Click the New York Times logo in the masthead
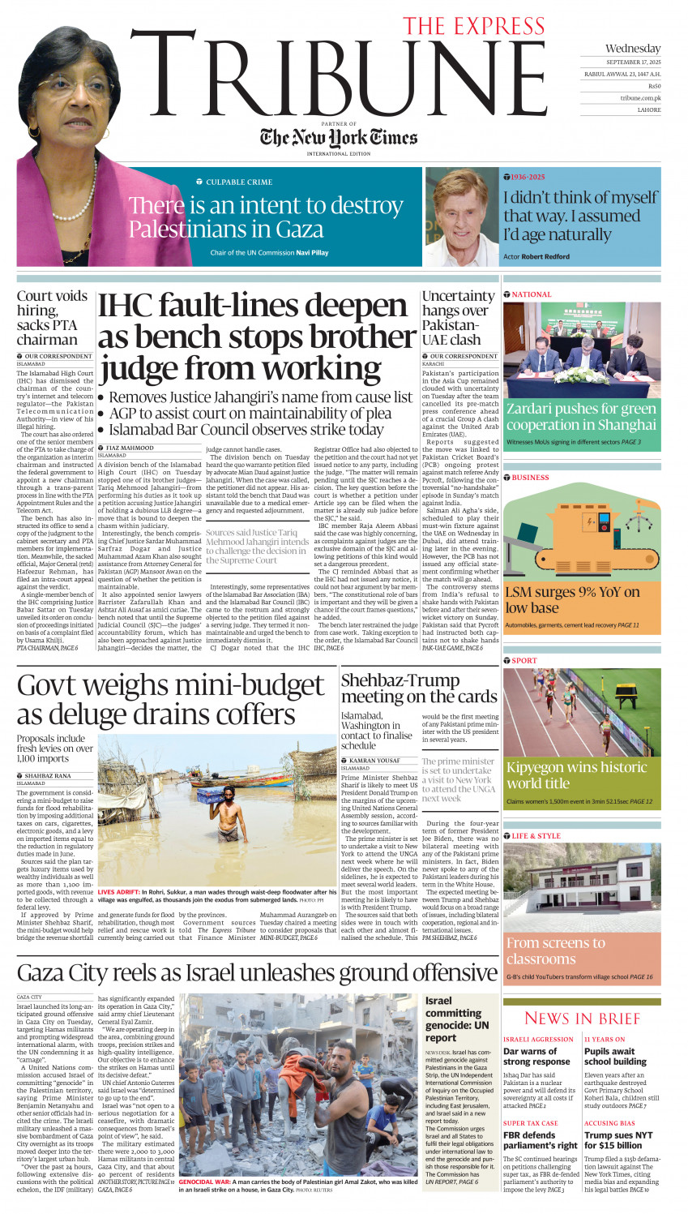(339, 137)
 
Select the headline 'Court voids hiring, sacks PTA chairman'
(52, 318)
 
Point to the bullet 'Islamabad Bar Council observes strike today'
(246, 430)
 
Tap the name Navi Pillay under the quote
(313, 253)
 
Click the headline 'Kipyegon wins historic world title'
(576, 775)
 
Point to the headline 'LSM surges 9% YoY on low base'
(572, 600)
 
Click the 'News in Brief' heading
(582, 1019)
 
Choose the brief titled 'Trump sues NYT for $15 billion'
(617, 1140)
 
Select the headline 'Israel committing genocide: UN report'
(457, 1019)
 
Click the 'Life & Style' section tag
(536, 835)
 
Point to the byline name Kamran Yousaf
(374, 761)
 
